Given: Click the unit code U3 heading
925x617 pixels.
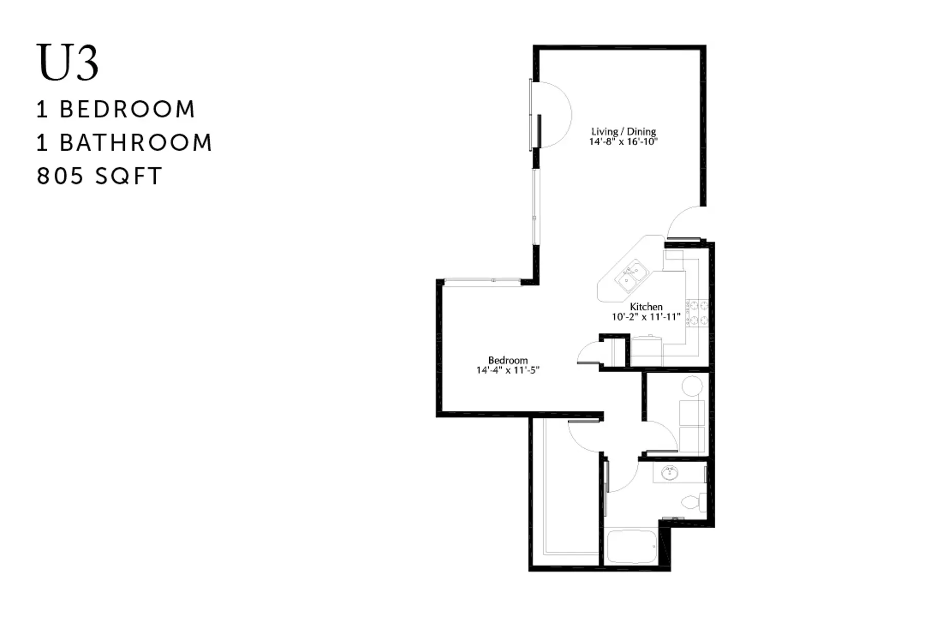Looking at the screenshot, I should (67, 63).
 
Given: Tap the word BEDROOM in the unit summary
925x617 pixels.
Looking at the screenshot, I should (127, 110).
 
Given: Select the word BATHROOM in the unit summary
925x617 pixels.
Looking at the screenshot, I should (136, 142).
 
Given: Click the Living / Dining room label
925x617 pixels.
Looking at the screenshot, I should (623, 131).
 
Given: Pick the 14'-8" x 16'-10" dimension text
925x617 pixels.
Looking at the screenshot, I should (623, 141).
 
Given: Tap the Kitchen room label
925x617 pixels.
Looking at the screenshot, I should (646, 306).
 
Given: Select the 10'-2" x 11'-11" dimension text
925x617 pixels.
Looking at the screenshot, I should (646, 317).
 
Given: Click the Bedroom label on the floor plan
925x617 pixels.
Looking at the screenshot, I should (508, 360).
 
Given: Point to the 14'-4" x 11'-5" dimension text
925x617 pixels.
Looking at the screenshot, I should (508, 370).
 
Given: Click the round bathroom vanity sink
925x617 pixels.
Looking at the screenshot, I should (669, 473).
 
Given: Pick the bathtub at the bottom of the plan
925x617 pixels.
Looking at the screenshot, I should (631, 547).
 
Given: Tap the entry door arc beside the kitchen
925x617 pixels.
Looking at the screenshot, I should (683, 222).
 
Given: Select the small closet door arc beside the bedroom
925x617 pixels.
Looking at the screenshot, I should (588, 354).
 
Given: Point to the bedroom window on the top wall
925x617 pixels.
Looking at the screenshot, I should (482, 280).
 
